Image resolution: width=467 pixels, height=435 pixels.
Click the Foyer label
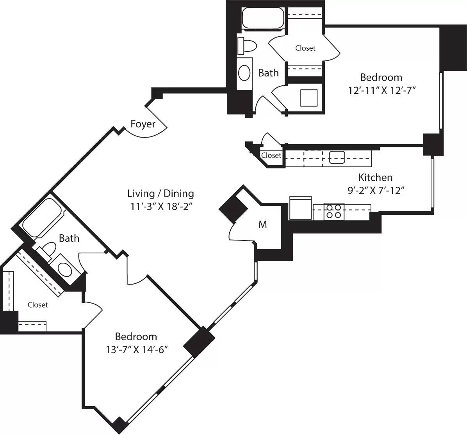pos(143,124)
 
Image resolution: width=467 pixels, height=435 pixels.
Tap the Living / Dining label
pos(160,193)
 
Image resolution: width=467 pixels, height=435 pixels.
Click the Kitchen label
pos(375,177)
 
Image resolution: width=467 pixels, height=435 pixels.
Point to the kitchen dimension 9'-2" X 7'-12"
pos(375,191)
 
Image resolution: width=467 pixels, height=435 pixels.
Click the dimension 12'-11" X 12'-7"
pos(381,90)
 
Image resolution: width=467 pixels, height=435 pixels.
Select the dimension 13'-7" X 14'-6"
pos(136,350)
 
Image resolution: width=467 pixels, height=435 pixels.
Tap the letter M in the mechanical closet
pos(263,225)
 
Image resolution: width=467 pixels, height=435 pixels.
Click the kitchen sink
pos(337,157)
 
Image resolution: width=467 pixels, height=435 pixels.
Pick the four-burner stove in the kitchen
pos(334,211)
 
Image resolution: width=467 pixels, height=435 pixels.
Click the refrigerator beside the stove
pos(300,208)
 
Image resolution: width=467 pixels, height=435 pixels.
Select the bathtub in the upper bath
pos(262,18)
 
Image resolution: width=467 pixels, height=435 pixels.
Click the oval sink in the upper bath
pos(244,73)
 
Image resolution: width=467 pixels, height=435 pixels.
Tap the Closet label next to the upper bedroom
pos(305,48)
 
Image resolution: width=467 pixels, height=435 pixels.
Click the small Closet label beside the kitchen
pos(271,155)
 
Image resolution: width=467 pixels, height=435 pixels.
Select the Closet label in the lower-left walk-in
pos(38,305)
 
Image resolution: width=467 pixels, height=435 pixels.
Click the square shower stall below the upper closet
pos(308,98)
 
